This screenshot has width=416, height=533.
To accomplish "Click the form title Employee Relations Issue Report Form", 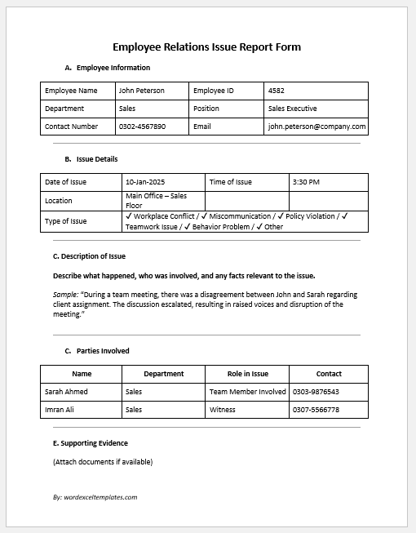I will point(206,47).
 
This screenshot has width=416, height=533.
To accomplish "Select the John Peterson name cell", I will point(141,91).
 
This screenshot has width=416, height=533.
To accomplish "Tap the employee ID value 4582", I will point(276,91).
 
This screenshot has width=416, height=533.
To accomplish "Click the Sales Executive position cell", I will point(292,109).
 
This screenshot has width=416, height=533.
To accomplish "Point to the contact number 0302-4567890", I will point(142,127).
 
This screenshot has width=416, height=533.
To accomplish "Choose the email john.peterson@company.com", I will point(316,127).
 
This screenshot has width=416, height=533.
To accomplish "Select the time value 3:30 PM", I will point(305,182).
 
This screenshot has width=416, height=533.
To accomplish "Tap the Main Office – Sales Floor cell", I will point(156,201).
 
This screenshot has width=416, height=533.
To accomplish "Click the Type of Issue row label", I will point(66,221).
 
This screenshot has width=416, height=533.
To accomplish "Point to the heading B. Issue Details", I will point(91,159).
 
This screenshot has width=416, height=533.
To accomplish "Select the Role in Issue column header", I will point(247,374).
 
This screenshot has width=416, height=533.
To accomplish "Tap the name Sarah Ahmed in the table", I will point(66,392).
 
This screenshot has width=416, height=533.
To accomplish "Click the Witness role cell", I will point(223,410).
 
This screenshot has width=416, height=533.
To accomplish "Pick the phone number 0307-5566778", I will point(316,410).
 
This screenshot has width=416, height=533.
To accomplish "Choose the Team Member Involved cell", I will point(247,392).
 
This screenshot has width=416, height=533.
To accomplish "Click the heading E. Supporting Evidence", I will point(90,443).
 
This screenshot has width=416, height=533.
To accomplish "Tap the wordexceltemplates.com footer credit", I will point(95,496).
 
